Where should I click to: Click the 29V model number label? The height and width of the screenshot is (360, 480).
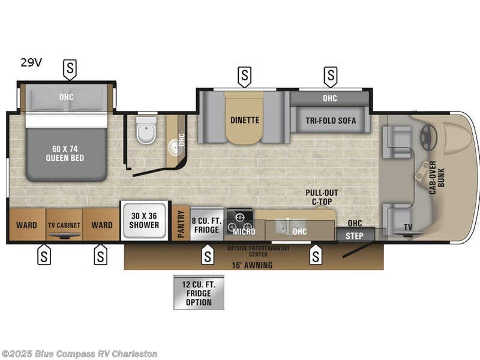point(31,62)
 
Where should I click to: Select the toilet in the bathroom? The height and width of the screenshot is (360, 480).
point(146,130)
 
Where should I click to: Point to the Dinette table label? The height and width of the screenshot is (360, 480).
point(245,120)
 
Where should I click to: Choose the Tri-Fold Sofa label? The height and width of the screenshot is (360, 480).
point(330,121)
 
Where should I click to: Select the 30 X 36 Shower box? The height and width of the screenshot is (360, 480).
point(144,221)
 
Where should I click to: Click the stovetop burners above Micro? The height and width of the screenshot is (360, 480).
point(241,218)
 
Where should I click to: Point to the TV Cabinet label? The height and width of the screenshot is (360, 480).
point(64,225)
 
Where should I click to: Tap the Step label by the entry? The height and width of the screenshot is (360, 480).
point(355,236)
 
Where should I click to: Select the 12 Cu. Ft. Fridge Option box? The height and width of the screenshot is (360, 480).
point(199,293)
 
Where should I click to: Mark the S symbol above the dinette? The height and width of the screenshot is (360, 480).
point(245,76)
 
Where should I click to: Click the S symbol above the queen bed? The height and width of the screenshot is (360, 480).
point(70,69)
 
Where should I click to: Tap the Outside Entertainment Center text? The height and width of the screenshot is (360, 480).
point(258,251)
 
